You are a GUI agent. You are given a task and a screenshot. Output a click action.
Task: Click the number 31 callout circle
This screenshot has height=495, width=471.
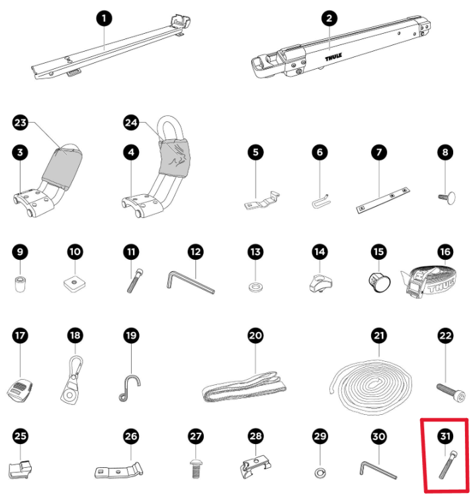click(x=445, y=436)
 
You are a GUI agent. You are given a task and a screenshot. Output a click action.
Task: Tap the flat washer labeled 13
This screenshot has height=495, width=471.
click(x=256, y=288)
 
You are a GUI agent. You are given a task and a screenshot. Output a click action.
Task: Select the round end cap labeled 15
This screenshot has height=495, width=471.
click(x=379, y=281)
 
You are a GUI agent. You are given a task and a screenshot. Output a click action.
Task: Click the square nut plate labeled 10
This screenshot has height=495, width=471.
click(x=74, y=282)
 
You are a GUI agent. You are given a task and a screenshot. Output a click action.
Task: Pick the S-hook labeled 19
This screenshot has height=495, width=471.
click(x=129, y=388)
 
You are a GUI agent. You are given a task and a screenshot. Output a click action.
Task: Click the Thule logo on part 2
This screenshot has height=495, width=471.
click(x=333, y=57)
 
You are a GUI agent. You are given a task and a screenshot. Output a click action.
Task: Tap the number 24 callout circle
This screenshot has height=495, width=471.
click(x=131, y=123)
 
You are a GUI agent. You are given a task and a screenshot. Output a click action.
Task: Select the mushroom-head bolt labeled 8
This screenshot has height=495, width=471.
click(x=447, y=198)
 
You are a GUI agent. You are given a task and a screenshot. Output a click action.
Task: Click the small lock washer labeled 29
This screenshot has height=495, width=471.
click(x=320, y=472)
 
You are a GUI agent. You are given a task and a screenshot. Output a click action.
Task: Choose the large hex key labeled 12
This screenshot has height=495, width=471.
click(x=191, y=282)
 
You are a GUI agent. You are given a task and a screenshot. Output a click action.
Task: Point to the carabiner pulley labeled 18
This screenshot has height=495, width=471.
click(x=73, y=380)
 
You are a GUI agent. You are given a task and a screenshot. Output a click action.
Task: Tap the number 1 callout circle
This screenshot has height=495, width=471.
click(x=105, y=19)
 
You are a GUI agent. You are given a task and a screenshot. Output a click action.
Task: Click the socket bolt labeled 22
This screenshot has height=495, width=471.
click(x=451, y=392)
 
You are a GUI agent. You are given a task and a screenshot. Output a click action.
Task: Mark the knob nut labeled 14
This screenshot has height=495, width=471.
click(x=320, y=284)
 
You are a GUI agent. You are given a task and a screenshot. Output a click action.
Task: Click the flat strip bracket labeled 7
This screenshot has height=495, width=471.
click(x=383, y=201)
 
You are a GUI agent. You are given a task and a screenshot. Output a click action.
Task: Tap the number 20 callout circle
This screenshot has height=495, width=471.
click(x=255, y=335)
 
